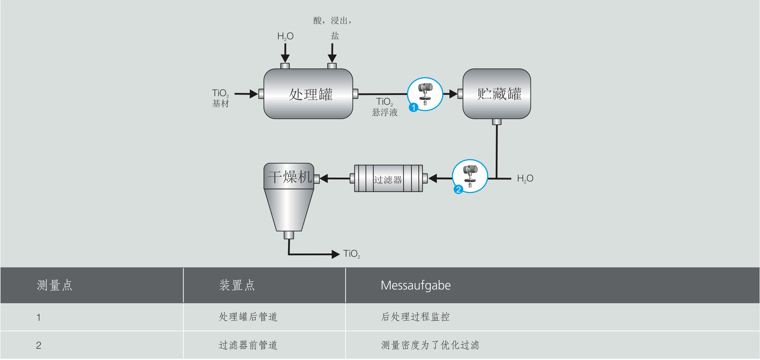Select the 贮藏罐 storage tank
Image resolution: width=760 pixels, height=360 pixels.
[497, 94]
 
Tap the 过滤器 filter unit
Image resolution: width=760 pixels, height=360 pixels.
[388, 179]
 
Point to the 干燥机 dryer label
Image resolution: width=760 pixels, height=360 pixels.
[289, 177]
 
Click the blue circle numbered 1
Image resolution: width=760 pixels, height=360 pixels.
[413, 107]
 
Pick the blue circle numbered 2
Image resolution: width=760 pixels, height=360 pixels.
[458, 189]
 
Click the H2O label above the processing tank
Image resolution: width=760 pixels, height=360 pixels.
[285, 36]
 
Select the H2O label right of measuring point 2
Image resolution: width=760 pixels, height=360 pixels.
[525, 179]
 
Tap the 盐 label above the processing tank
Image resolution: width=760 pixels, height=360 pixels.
[335, 36]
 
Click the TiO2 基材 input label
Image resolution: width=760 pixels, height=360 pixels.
[221, 98]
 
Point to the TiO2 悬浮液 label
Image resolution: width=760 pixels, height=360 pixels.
[384, 107]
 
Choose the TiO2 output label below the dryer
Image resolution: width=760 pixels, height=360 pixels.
[351, 254]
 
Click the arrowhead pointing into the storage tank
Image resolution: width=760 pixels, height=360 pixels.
[453, 94]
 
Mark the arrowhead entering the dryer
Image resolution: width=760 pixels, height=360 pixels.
[324, 179]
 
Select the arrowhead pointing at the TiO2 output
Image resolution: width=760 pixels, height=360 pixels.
[335, 254]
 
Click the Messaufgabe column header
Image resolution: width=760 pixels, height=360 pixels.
[415, 285]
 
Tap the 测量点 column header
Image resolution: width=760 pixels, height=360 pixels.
[54, 285]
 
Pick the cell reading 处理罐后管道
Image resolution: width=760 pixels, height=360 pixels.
[248, 317]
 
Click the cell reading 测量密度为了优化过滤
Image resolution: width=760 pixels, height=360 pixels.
[430, 345]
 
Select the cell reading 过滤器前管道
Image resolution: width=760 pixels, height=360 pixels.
[248, 345]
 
